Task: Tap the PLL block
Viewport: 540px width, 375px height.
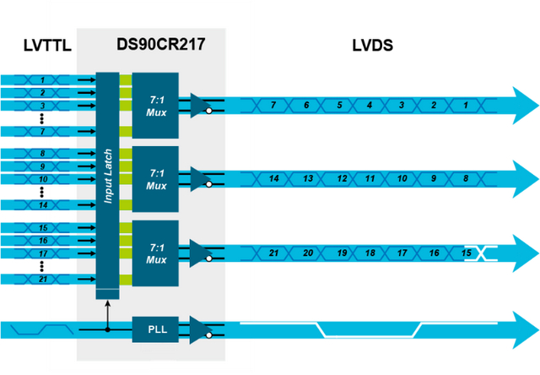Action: coord(155,329)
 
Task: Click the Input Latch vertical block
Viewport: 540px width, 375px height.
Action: coord(107,182)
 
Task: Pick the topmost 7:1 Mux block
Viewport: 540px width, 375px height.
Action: coord(155,105)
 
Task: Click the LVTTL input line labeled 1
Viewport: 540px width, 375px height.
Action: coord(40,79)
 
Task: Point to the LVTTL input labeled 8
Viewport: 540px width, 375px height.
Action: coord(40,154)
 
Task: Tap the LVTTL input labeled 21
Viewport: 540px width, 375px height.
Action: coord(40,279)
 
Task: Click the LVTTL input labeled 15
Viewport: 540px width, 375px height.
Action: coord(40,228)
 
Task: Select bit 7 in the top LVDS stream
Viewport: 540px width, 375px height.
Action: coord(273,105)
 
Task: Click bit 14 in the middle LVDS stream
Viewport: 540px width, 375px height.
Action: coord(273,179)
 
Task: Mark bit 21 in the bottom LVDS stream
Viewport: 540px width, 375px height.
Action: coord(273,253)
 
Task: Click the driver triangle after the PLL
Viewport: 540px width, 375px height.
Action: coord(200,329)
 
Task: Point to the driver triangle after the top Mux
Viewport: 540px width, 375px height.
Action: coord(200,105)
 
